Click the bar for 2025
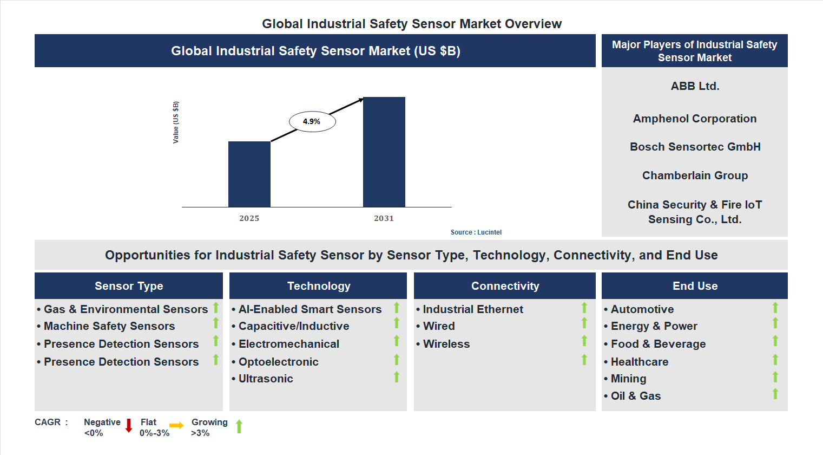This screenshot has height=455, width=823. coord(249,174)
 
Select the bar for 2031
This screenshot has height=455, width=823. coord(384,152)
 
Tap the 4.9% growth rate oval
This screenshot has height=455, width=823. coord(312,121)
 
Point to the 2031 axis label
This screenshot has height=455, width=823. coord(384,218)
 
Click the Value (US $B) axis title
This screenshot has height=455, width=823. coord(176,122)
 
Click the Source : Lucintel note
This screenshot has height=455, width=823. coord(476,232)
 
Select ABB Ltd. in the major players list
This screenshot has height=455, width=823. coord(695,86)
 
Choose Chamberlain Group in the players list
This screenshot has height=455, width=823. coord(695,175)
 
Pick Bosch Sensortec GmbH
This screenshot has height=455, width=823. coord(695,147)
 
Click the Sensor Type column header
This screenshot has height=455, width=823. coord(129,286)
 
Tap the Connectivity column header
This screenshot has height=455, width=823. coord(505,286)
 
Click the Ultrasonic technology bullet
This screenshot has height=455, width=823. coord(265,379)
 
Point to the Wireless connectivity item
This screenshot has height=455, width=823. coord(446,344)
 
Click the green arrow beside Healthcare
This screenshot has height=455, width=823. coord(775,360)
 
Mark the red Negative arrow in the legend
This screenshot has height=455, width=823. coord(129,426)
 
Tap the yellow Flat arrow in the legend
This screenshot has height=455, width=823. coord(176,426)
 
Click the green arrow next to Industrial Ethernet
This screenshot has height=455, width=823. coord(584,308)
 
